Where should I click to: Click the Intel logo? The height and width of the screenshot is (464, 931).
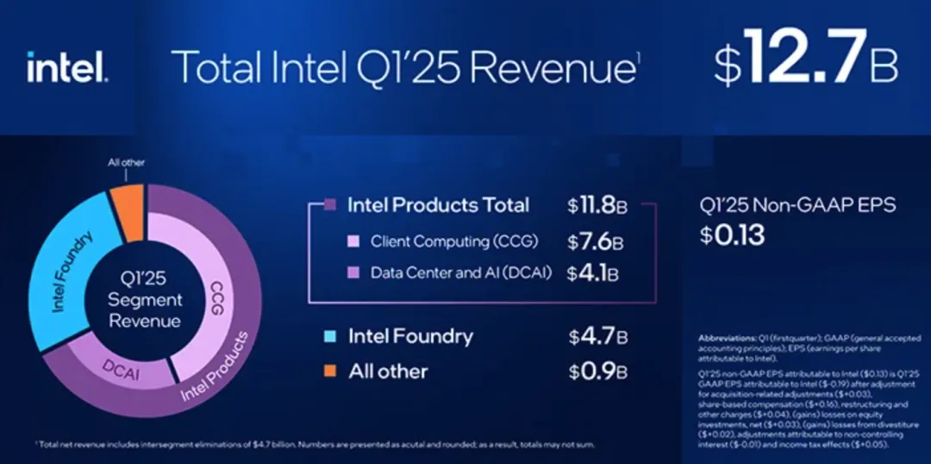pyautogui.click(x=67, y=67)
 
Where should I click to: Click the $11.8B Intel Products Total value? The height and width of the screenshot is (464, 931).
pyautogui.click(x=597, y=206)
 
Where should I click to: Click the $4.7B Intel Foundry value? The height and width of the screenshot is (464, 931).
pyautogui.click(x=597, y=336)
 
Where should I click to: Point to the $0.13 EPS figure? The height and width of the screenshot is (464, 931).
pyautogui.click(x=732, y=234)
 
